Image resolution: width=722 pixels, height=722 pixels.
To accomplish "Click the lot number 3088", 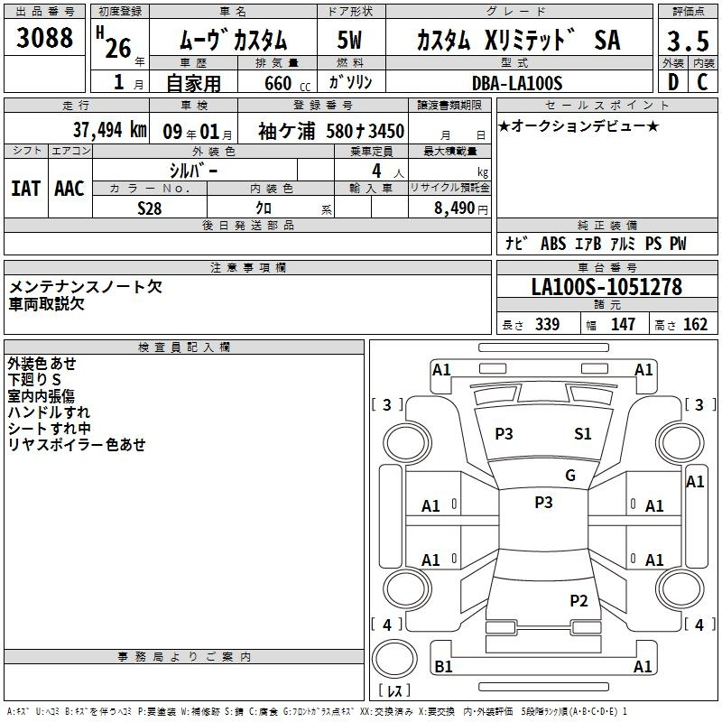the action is coord(44,37).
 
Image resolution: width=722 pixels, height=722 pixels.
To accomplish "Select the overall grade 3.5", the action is coord(688,41).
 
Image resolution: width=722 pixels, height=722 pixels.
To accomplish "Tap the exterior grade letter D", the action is coord(673,82).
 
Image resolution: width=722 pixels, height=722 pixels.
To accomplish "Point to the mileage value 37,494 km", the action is coord(109,130).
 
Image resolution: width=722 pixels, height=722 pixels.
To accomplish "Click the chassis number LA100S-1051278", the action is coord(606,287).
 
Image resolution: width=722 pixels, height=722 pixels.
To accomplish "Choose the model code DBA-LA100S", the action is coord(517,83).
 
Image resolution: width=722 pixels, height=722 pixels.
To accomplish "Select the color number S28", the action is coord(150,208).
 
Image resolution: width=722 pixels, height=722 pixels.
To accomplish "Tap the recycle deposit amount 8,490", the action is coord(454,208).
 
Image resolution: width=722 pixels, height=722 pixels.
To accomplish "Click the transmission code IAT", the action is coord(25,189).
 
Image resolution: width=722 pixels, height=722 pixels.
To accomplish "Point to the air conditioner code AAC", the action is coord(69,189).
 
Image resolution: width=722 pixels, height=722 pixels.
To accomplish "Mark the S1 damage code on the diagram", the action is coord(582,433).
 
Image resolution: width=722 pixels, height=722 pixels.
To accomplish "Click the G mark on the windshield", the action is coord(570,475).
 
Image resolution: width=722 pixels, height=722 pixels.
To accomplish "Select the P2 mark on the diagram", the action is coord(579,600).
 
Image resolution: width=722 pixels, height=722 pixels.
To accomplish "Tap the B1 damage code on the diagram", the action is coord(443,666).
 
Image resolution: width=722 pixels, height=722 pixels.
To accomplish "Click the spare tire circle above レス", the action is coord(394,659).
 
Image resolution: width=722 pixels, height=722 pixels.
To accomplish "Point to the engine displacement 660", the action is coord(278,83).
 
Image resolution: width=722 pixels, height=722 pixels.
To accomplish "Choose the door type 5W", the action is coord(349,40).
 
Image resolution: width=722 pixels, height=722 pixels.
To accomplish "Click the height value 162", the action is coord(695,324).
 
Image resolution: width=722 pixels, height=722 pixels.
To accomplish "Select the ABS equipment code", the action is coord(553,244).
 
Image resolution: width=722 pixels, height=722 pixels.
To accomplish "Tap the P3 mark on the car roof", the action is coord(543,502).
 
